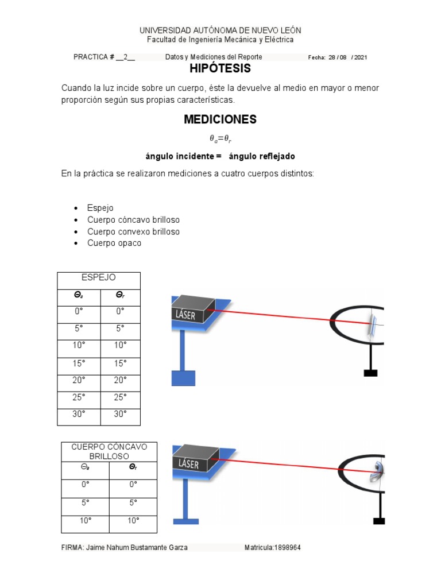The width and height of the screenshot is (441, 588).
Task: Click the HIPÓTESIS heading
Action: tap(220, 69)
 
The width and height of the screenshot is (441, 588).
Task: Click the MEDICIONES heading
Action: tap(220, 119)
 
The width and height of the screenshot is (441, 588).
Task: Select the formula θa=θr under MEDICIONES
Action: tap(220, 138)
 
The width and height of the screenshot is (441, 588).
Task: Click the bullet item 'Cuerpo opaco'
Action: tap(114, 243)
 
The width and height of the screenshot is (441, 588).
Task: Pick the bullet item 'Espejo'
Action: tap(100, 208)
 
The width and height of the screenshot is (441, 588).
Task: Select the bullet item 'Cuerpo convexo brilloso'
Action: tap(133, 231)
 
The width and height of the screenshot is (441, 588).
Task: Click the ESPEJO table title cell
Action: tap(99, 277)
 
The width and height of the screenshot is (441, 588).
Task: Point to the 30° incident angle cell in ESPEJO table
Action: tap(79, 414)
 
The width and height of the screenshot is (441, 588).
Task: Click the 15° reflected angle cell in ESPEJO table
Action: tap(120, 363)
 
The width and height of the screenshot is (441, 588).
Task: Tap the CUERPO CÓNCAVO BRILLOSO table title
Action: tap(109, 451)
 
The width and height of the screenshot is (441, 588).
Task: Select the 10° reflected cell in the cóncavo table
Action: tap(133, 520)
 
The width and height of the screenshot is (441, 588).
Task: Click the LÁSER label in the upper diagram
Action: tap(187, 315)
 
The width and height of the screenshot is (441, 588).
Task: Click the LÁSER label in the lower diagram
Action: tap(188, 463)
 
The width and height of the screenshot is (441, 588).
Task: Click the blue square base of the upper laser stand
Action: tap(183, 378)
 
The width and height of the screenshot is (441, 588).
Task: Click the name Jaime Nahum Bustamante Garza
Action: tap(136, 548)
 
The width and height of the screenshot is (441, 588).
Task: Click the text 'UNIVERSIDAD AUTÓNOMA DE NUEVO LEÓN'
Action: tap(220, 30)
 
